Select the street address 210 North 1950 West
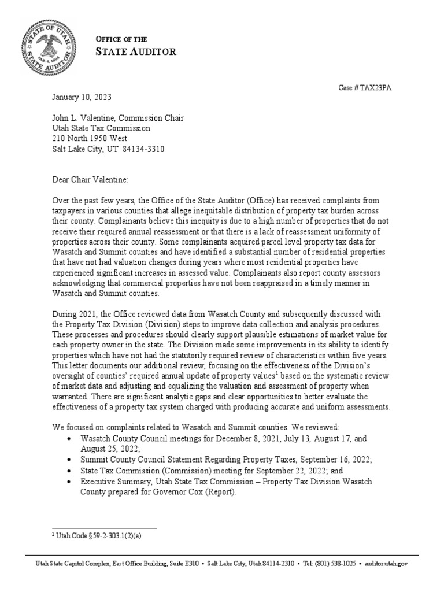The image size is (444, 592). (90, 138)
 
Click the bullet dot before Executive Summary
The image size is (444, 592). (70, 481)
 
